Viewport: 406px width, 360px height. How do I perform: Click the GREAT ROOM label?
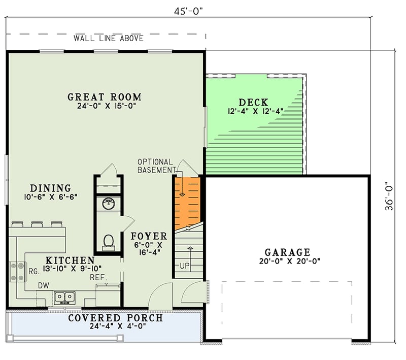pos(105,97)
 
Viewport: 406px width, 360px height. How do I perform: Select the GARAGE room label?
pos(287,252)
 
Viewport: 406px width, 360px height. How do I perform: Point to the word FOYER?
pos(149,236)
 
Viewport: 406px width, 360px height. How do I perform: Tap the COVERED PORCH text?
pos(116,318)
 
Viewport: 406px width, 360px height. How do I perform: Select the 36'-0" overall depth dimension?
pos(389,195)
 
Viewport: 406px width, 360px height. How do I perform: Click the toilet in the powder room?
pos(108,241)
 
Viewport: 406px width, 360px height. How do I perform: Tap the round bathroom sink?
pos(108,204)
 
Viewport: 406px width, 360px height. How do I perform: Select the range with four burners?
pos(17,271)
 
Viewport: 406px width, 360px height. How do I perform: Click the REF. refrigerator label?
pos(97,277)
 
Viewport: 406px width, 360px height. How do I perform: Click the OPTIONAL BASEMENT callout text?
pos(155,166)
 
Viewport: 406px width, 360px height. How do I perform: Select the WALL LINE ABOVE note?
pos(108,38)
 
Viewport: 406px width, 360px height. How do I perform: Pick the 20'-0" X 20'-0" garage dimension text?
pos(287,261)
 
